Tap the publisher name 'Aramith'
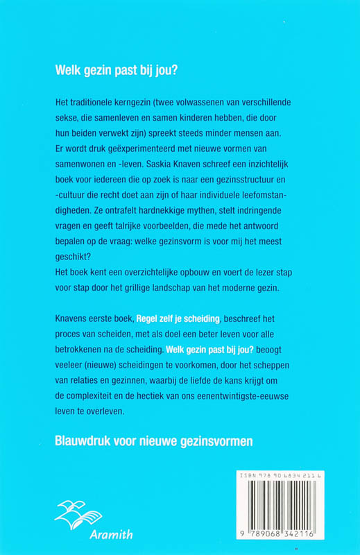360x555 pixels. [x=90, y=534]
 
